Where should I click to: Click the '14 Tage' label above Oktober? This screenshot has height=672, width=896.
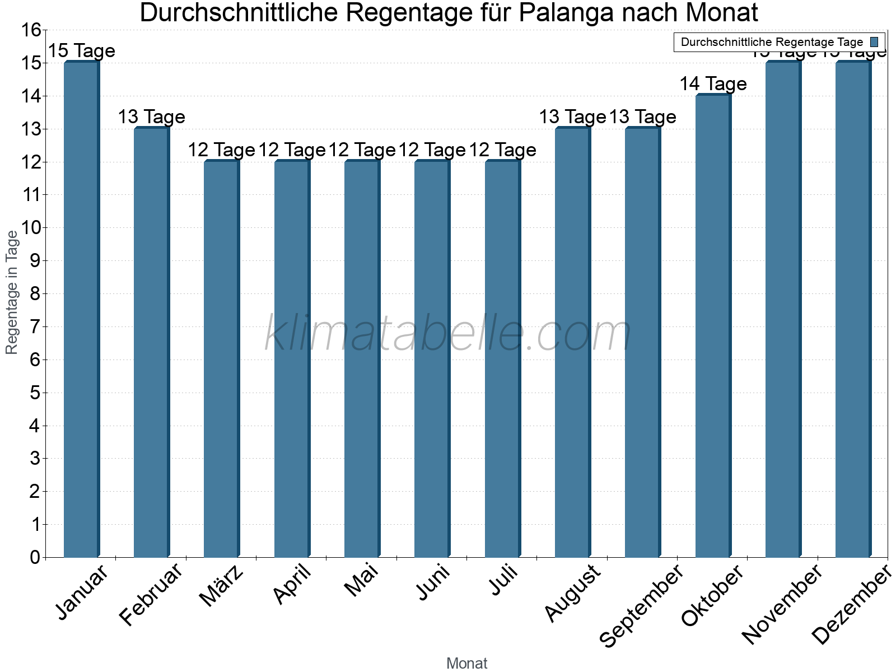tap(713, 84)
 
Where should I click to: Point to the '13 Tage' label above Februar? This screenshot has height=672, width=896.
tap(151, 117)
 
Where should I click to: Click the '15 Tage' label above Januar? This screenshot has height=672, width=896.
tap(81, 51)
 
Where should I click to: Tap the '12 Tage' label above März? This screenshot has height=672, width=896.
tap(221, 150)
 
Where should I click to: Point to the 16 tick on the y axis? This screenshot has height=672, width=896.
tap(31, 30)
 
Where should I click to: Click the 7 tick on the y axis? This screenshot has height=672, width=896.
tap(35, 327)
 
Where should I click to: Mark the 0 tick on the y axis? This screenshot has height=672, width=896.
tap(35, 558)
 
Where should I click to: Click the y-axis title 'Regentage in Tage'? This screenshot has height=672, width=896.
tap(12, 292)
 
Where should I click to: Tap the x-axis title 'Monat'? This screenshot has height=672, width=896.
tap(466, 664)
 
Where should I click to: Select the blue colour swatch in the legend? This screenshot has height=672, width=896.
tap(874, 42)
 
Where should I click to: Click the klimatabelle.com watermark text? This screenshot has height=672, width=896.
tap(448, 333)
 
